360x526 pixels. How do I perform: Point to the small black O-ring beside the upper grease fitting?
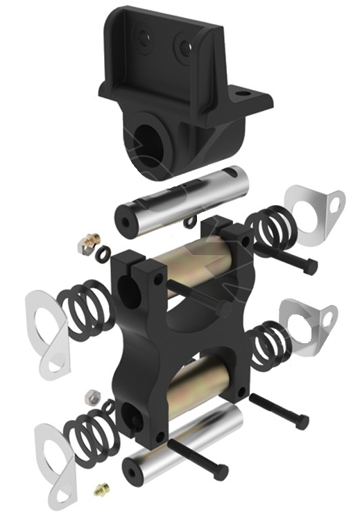(103, 249)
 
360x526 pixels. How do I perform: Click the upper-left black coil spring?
(81, 305)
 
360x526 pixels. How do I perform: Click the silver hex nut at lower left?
(89, 396)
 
